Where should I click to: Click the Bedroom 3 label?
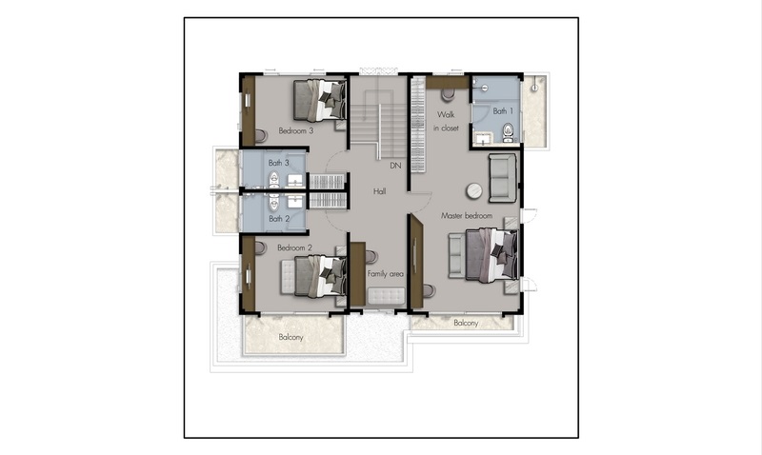[296, 130]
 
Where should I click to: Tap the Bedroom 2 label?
[294, 247]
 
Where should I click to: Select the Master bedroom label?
[467, 216]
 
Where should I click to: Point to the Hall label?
[379, 191]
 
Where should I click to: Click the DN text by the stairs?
[395, 166]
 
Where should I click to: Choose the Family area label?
[386, 274]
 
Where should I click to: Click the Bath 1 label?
[503, 111]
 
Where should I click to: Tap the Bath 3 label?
[278, 163]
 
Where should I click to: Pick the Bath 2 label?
[279, 219]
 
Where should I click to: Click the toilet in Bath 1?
[508, 131]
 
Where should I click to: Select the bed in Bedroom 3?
[320, 101]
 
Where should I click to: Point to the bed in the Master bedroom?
[491, 255]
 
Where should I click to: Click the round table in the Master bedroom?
[474, 190]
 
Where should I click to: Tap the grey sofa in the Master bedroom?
[503, 178]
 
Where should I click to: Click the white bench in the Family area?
[387, 296]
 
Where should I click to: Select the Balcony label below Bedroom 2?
[291, 337]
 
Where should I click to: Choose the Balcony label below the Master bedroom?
[466, 323]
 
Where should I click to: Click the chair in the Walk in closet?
[448, 94]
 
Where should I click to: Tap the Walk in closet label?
[446, 122]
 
